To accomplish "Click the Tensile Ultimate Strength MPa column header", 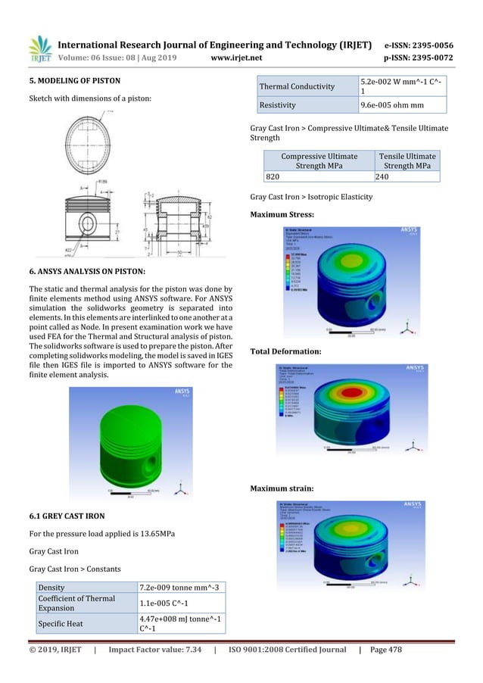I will click(x=407, y=161).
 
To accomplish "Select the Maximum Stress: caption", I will click(x=282, y=215).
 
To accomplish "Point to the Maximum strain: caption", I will click(x=282, y=488).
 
